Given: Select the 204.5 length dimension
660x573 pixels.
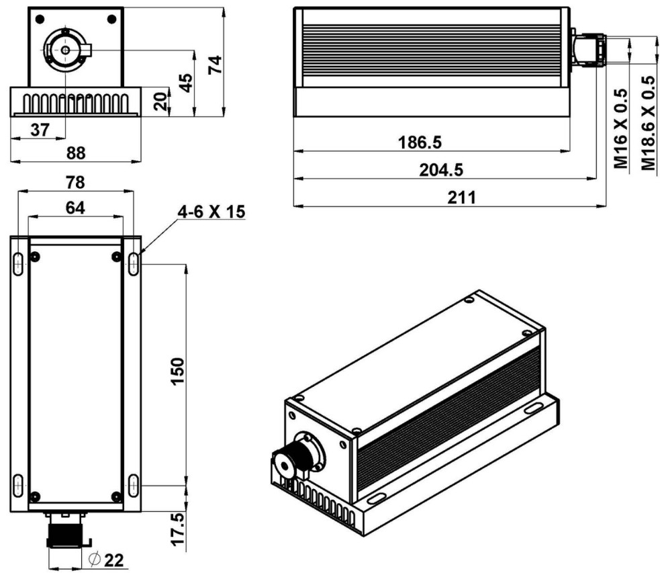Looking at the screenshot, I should coord(442,170).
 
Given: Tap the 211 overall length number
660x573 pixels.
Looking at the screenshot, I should coord(462,198).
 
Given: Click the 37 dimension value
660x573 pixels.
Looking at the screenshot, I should coord(40,129).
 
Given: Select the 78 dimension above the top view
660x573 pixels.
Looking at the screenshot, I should coord(75,182).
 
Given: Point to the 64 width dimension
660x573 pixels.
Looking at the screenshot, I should coord(75,208).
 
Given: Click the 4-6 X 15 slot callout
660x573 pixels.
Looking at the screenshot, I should coord(211,213).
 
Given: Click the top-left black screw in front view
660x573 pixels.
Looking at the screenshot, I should coord(40,17).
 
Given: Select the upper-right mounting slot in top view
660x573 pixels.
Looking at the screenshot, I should coord(134,263).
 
